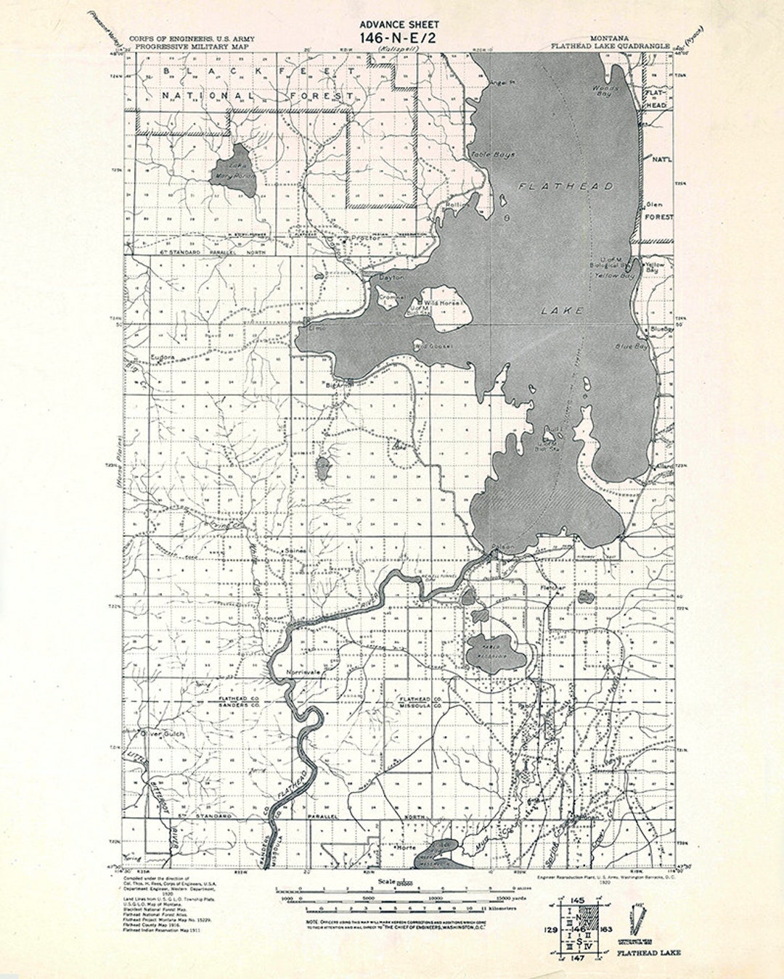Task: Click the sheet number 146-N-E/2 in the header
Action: tap(399, 38)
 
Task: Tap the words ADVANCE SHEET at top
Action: tap(399, 24)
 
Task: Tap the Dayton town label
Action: tap(391, 278)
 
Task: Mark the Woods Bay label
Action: tap(604, 91)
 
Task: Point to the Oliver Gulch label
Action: tap(164, 734)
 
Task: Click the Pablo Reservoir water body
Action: tap(495, 651)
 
